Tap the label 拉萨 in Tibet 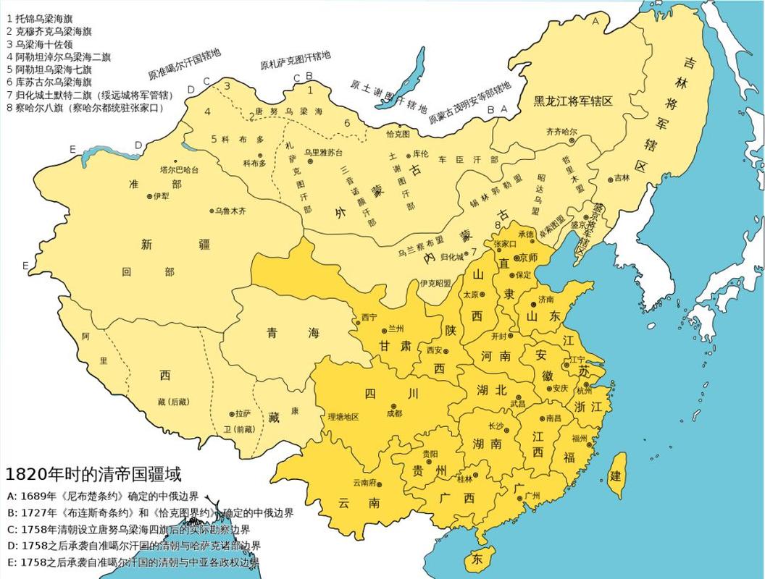point(243,414)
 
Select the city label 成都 point(394,414)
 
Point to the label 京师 point(527,258)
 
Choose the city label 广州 point(531,496)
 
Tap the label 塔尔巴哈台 point(179,169)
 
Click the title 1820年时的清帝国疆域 point(93,474)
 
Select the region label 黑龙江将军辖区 point(574,101)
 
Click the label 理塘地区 point(343,417)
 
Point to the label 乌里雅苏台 point(322,152)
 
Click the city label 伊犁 point(161,196)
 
